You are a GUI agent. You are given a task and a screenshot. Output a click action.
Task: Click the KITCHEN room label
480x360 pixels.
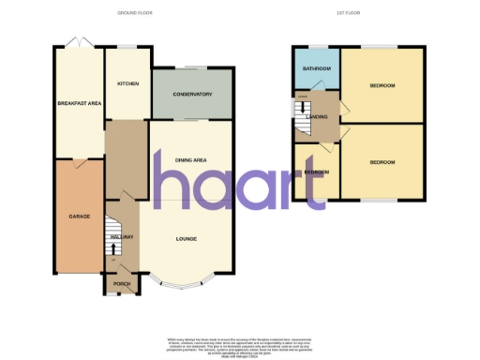(127, 83)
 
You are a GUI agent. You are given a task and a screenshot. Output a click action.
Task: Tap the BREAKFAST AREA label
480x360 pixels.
(79, 103)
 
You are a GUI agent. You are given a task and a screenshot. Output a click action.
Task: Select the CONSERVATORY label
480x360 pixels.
(192, 95)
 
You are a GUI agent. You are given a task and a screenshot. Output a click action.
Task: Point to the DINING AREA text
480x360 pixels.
(191, 160)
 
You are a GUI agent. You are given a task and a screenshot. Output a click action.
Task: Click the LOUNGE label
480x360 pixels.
(187, 239)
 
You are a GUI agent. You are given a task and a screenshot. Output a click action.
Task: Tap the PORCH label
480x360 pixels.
(121, 282)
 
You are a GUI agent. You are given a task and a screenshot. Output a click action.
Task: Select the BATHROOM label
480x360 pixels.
(316, 69)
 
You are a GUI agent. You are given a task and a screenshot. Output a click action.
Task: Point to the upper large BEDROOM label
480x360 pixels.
(382, 86)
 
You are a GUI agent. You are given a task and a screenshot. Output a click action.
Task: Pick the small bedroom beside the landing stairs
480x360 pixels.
(316, 172)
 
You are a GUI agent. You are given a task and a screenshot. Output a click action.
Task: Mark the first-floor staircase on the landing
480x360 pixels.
(303, 117)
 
